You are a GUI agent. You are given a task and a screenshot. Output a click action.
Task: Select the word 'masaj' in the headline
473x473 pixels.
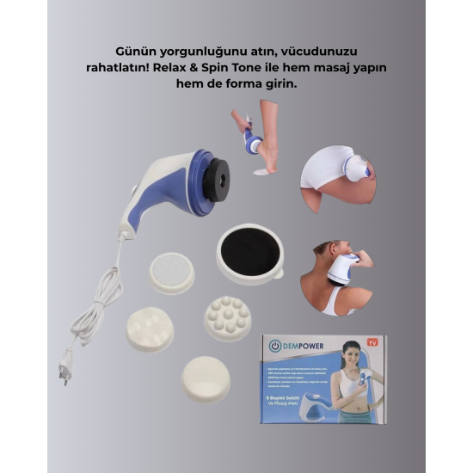[385, 69]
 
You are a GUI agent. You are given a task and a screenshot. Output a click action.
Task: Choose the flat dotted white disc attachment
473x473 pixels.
[172, 273]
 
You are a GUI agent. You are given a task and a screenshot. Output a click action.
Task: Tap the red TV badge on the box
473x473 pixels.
[372, 343]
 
